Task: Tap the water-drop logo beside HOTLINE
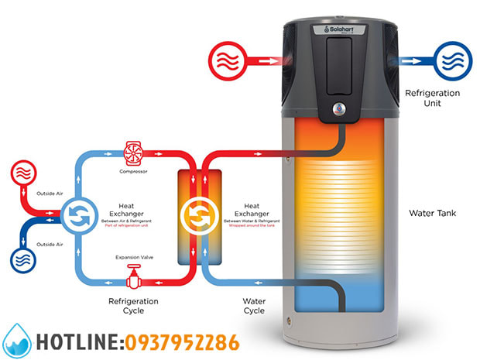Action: click(x=17, y=341)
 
